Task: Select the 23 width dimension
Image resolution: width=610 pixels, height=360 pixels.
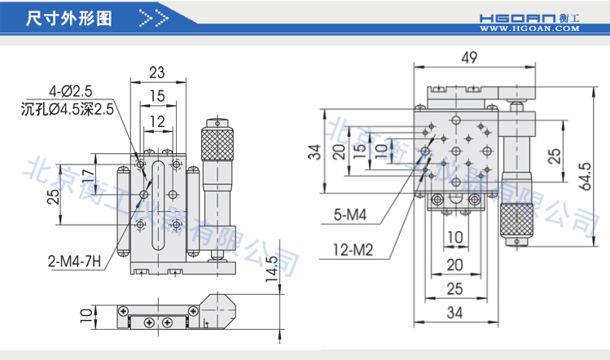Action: [158, 72]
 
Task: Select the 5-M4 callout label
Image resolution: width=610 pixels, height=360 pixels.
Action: [351, 215]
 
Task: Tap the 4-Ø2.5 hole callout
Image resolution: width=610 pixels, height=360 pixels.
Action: [72, 90]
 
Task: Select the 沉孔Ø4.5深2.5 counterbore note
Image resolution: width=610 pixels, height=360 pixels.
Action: [67, 108]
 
